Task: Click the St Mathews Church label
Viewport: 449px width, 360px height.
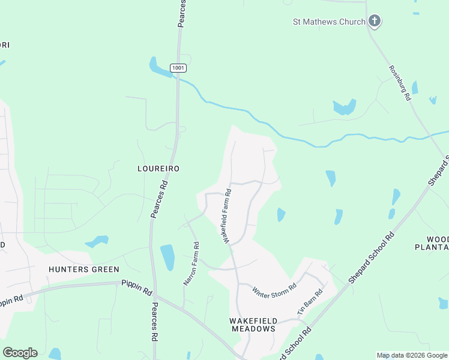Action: (329, 22)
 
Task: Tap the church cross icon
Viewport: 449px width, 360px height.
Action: (374, 22)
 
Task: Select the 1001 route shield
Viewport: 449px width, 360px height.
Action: (178, 68)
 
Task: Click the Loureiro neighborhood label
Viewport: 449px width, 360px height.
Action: (158, 169)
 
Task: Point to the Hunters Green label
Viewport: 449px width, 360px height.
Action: (84, 269)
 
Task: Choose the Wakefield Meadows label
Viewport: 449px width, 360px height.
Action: (252, 325)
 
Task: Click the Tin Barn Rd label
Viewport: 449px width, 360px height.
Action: (310, 302)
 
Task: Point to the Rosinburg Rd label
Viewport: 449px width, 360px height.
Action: (400, 83)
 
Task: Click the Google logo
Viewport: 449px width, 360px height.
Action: (20, 353)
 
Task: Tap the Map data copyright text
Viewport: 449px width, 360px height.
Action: (412, 355)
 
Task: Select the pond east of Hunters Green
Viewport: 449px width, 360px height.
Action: (97, 241)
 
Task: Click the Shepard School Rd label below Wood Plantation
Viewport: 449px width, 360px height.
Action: (372, 258)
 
